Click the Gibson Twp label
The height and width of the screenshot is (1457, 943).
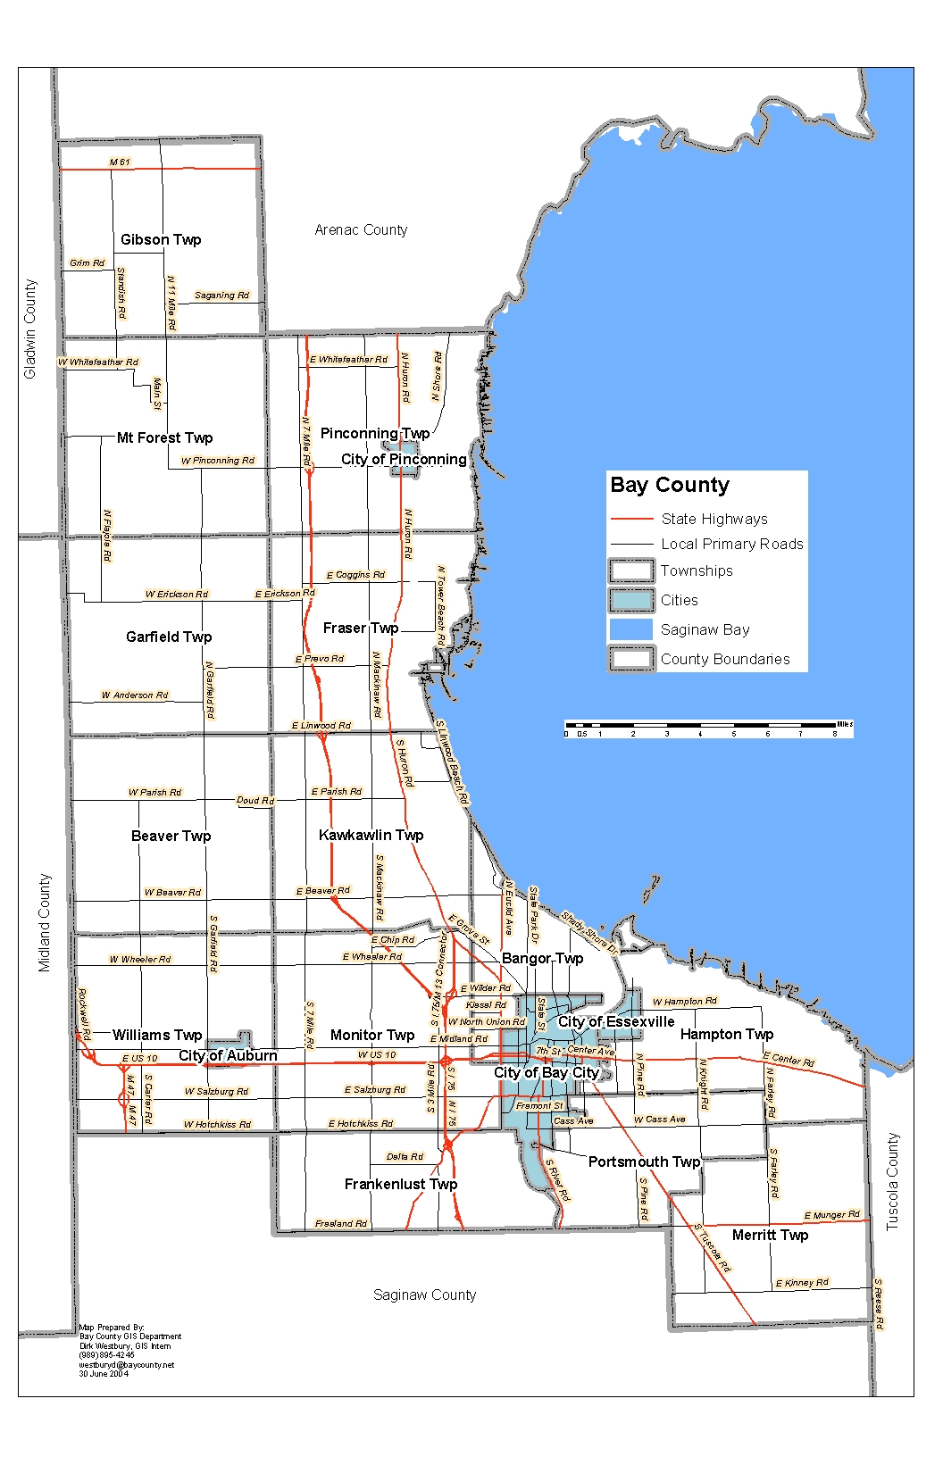pyautogui.click(x=161, y=239)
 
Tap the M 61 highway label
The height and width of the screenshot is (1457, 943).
pyautogui.click(x=120, y=162)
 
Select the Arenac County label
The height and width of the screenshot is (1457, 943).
pyautogui.click(x=361, y=229)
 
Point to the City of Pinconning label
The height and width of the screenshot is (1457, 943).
pyautogui.click(x=404, y=459)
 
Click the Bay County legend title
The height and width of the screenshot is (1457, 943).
pyautogui.click(x=670, y=485)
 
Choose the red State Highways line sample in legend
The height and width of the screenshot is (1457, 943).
pyautogui.click(x=631, y=519)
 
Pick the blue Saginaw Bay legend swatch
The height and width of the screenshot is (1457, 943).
pyautogui.click(x=631, y=629)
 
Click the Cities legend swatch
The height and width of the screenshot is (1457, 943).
pyautogui.click(x=631, y=600)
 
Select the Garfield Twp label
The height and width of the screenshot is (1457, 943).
pyautogui.click(x=169, y=637)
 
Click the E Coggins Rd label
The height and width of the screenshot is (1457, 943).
pyautogui.click(x=355, y=575)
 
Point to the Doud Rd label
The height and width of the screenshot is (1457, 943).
pyautogui.click(x=255, y=800)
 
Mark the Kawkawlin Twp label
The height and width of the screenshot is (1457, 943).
pyautogui.click(x=371, y=835)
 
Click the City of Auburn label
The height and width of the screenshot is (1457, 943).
pyautogui.click(x=228, y=1055)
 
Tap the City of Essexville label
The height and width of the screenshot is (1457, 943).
pyautogui.click(x=616, y=1021)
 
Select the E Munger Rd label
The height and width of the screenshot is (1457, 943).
pyautogui.click(x=831, y=1215)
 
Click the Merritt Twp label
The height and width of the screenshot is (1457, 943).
pyautogui.click(x=770, y=1235)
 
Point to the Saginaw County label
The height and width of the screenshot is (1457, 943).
pyautogui.click(x=424, y=1295)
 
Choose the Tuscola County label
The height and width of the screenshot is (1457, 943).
pyautogui.click(x=892, y=1182)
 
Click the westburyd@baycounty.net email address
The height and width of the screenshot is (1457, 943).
pyautogui.click(x=127, y=1364)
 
